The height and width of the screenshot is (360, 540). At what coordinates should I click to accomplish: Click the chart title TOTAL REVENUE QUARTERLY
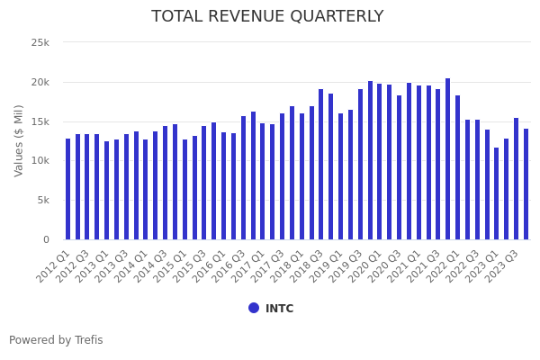[x=267, y=17]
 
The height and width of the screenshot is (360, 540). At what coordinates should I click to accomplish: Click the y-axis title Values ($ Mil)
[x=19, y=140]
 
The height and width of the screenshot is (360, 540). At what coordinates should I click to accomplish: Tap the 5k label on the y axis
[x=43, y=200]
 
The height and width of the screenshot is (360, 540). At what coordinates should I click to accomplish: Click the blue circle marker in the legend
[x=254, y=308]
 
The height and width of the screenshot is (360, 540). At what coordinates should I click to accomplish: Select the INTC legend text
[x=279, y=309]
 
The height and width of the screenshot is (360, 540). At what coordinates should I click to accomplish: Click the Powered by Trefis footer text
[x=56, y=340]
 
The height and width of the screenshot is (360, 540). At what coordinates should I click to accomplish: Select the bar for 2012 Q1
[x=67, y=189]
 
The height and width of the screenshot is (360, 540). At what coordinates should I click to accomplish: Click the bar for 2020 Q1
[x=380, y=162]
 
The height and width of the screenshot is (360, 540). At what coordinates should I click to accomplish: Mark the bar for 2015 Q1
[x=184, y=189]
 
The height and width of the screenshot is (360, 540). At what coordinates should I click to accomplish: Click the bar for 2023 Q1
[x=497, y=193]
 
